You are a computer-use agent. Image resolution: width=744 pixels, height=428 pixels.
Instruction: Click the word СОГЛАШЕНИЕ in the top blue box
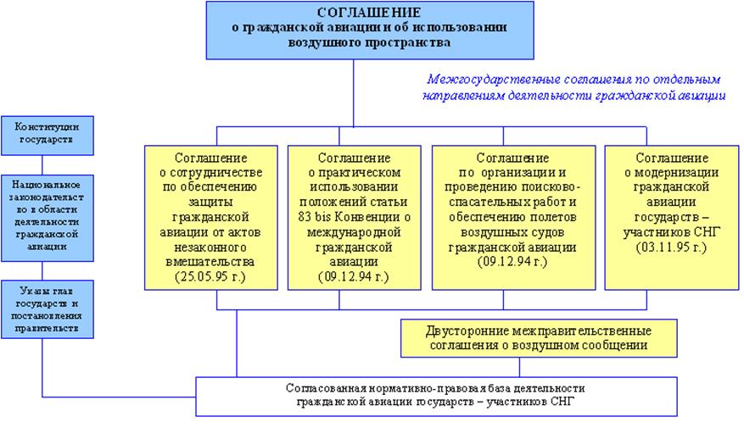click(x=367, y=13)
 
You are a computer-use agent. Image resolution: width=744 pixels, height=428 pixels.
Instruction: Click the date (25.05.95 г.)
click(x=210, y=276)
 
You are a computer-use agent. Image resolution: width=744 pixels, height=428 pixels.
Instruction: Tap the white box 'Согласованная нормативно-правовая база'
click(x=436, y=395)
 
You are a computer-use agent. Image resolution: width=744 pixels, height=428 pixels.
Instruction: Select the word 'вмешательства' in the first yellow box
click(x=210, y=262)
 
